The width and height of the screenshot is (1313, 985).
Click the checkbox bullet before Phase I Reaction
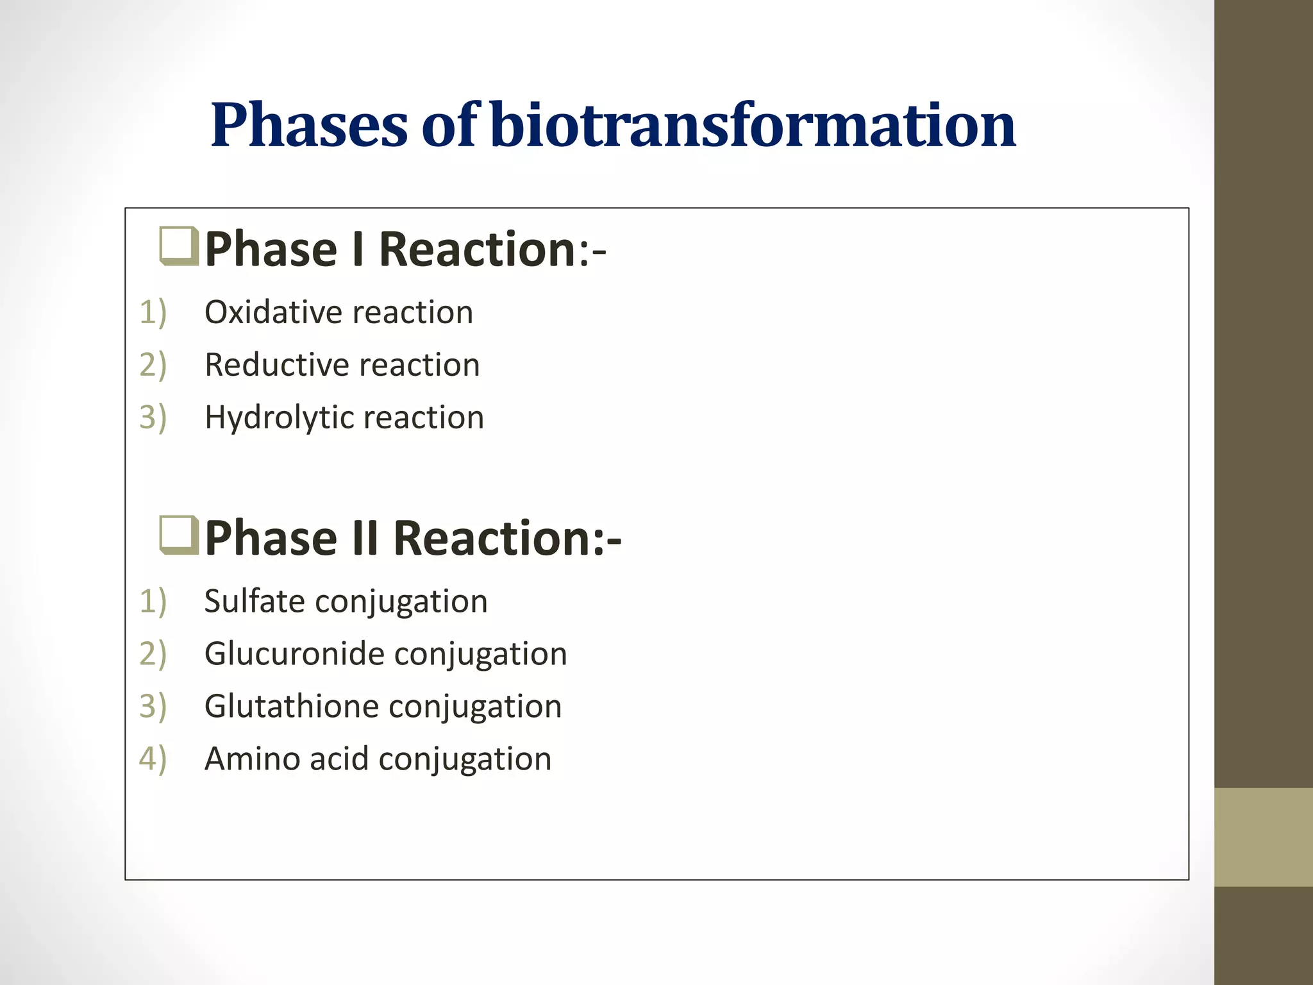click(x=179, y=246)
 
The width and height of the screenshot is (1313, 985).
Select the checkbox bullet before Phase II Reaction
click(x=179, y=535)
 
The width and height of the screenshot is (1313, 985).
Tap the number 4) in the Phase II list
click(x=153, y=759)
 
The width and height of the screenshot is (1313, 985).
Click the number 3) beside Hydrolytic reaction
click(x=153, y=417)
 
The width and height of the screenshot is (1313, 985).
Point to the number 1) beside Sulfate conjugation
click(x=153, y=602)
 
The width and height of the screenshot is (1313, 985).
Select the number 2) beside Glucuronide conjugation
click(x=153, y=654)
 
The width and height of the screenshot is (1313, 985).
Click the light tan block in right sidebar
click(x=1263, y=837)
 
